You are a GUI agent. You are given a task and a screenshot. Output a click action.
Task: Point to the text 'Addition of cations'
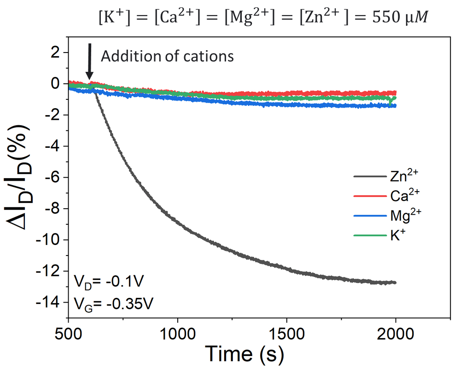point(168,56)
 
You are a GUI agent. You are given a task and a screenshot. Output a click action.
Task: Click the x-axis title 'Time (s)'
point(244,354)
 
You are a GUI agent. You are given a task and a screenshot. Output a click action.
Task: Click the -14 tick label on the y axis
point(48,303)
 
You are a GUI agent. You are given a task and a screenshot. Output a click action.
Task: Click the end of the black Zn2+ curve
point(395,282)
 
